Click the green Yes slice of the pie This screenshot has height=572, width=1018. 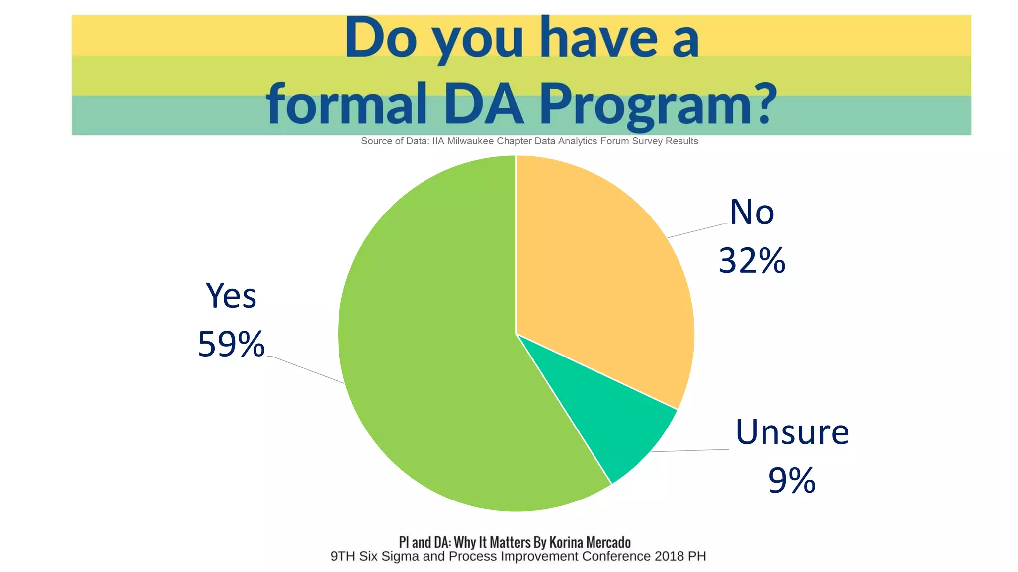tap(427, 348)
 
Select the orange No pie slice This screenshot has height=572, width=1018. tap(601, 278)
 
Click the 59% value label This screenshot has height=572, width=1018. tap(231, 344)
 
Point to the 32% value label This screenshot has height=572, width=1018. tap(752, 260)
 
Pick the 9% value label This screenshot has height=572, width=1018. tap(792, 480)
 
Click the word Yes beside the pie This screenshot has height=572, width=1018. tap(231, 296)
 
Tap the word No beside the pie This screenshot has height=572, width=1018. tap(752, 212)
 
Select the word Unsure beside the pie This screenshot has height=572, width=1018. tap(792, 432)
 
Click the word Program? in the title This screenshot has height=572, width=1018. tap(659, 104)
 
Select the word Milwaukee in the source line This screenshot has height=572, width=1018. tap(470, 141)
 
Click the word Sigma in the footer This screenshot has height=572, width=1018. tap(400, 556)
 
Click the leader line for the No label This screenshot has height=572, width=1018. tap(696, 231)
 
